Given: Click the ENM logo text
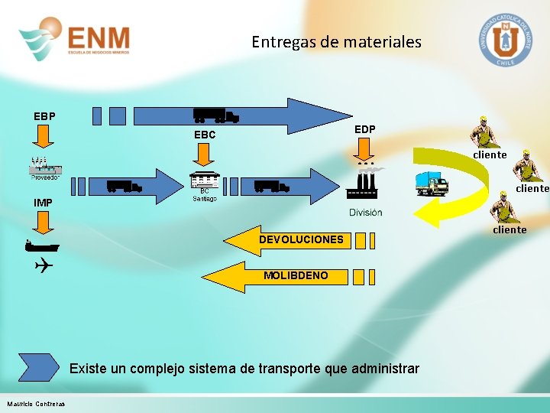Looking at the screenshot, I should (x=99, y=37).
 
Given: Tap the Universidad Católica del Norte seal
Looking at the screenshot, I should (x=505, y=38).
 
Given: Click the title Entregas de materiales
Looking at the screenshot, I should (x=336, y=42).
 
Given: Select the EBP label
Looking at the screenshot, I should (x=44, y=116).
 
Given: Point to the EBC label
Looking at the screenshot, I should (x=205, y=135).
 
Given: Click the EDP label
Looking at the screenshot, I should (x=365, y=129).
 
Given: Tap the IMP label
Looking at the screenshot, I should (x=43, y=203).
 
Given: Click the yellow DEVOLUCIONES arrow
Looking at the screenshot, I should (x=291, y=240).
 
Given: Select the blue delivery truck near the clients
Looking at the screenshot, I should (x=432, y=184).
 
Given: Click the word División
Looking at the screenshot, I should (x=366, y=212).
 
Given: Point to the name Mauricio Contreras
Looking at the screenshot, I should (x=36, y=404).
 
